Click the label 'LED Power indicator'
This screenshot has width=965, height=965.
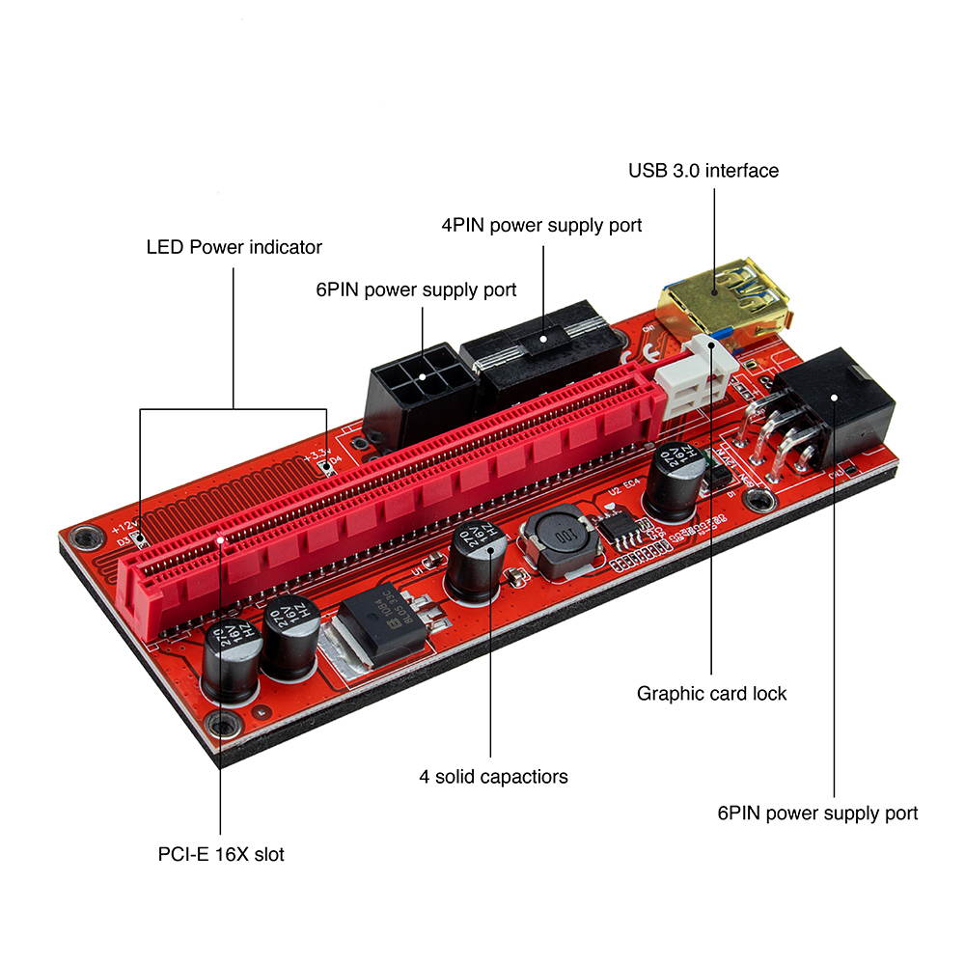click(234, 247)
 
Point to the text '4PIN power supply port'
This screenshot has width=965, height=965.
click(541, 226)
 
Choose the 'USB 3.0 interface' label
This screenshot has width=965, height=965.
click(703, 171)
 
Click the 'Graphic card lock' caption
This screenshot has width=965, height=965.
click(711, 693)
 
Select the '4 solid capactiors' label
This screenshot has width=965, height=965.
click(493, 776)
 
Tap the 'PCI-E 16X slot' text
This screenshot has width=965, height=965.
click(221, 854)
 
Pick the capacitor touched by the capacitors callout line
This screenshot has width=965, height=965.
click(476, 564)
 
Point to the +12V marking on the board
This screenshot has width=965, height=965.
click(124, 528)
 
